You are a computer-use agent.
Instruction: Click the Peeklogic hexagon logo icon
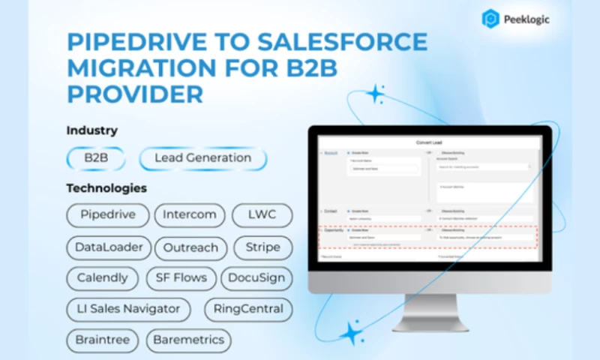coord(491,19)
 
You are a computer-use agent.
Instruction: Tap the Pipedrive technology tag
coord(107,214)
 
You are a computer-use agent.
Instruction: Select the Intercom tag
coord(190,214)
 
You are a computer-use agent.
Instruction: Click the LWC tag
coord(262,214)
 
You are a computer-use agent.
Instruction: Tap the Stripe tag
coord(262,247)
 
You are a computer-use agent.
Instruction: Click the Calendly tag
coord(103,278)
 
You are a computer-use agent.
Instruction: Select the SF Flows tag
coord(181,278)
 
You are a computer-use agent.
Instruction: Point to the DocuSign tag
coord(256,278)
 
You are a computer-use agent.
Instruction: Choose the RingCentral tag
coord(248,309)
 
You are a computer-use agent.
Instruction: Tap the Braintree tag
coord(102,340)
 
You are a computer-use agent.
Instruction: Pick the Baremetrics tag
coord(188,340)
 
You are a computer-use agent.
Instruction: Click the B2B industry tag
coord(95,158)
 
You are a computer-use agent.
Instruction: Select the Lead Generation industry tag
coord(202,158)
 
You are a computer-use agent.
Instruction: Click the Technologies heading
coord(106,187)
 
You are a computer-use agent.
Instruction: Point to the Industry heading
coord(91,130)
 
